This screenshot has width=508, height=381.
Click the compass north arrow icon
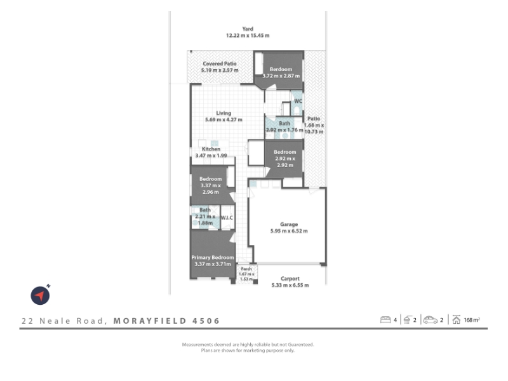point(40,295)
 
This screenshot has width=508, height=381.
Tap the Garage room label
point(289,224)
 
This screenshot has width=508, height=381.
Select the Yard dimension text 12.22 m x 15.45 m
point(248,36)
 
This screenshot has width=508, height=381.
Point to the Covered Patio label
point(220,63)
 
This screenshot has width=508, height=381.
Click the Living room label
point(224,113)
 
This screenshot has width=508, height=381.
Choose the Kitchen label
point(211,149)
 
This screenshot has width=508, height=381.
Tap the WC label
point(298,101)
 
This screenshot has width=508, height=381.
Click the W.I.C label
point(227,218)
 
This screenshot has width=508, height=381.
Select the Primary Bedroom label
point(213,258)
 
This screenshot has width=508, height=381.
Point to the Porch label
point(246,269)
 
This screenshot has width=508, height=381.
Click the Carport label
point(290,279)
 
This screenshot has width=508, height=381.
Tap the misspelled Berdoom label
point(281,69)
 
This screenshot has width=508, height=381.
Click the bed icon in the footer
point(385,320)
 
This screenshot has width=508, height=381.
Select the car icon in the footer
point(431,320)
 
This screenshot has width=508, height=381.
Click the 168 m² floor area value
point(472,320)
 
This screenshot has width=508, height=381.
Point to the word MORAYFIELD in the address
point(150,321)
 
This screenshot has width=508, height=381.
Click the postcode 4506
point(206,321)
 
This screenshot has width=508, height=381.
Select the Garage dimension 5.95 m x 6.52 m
point(289,231)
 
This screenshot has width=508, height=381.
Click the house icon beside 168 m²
point(456,320)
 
